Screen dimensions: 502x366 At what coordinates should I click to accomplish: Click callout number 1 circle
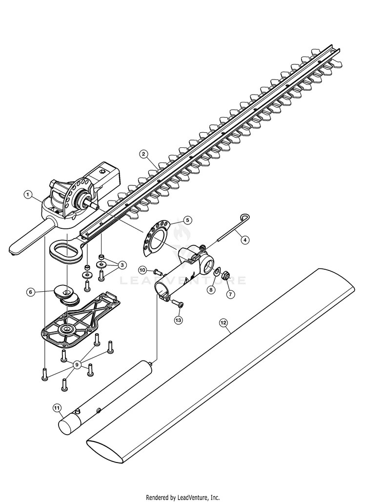pos(28,194)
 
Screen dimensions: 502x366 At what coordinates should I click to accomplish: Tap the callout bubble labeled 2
pos(143,154)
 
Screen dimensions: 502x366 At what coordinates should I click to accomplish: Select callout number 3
pos(122,264)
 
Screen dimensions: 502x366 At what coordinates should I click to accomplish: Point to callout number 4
pos(246,240)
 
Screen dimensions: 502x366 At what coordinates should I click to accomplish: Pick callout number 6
pos(31,292)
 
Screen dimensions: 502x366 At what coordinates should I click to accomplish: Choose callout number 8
pos(211,289)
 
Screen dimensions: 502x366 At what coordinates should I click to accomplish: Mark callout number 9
pos(77,364)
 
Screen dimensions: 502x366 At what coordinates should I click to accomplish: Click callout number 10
pos(142,270)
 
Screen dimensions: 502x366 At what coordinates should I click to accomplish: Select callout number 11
pos(57,408)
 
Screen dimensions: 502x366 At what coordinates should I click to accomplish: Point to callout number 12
pos(224,322)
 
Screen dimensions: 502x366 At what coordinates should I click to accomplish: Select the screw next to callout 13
pos(177,303)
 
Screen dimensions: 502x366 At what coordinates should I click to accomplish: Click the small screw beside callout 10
pos(157,271)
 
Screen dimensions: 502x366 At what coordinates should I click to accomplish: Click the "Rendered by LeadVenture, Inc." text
pos(183,497)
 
